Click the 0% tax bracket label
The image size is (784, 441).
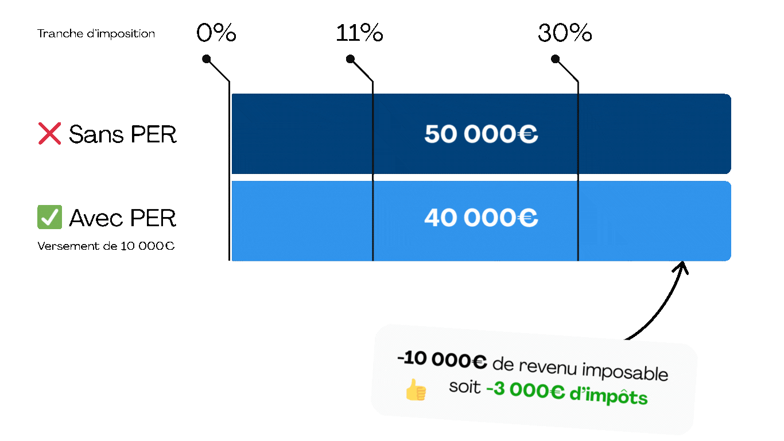[216, 33]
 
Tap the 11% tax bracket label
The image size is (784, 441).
[359, 33]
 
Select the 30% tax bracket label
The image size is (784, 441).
[565, 33]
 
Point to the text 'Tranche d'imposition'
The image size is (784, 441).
[96, 34]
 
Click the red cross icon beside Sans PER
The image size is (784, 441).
[49, 134]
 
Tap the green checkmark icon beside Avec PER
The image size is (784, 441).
[49, 218]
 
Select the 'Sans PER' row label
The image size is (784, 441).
[122, 134]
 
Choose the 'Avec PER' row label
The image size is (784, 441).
[122, 218]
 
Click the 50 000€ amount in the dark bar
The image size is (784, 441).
[481, 134]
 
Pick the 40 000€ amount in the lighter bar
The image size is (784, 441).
[481, 218]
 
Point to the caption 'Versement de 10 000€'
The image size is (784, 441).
[106, 246]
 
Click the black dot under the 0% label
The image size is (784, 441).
[207, 59]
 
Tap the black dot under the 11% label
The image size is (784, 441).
[351, 59]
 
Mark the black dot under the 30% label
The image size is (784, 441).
[555, 59]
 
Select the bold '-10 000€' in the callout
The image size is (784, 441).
[442, 361]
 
